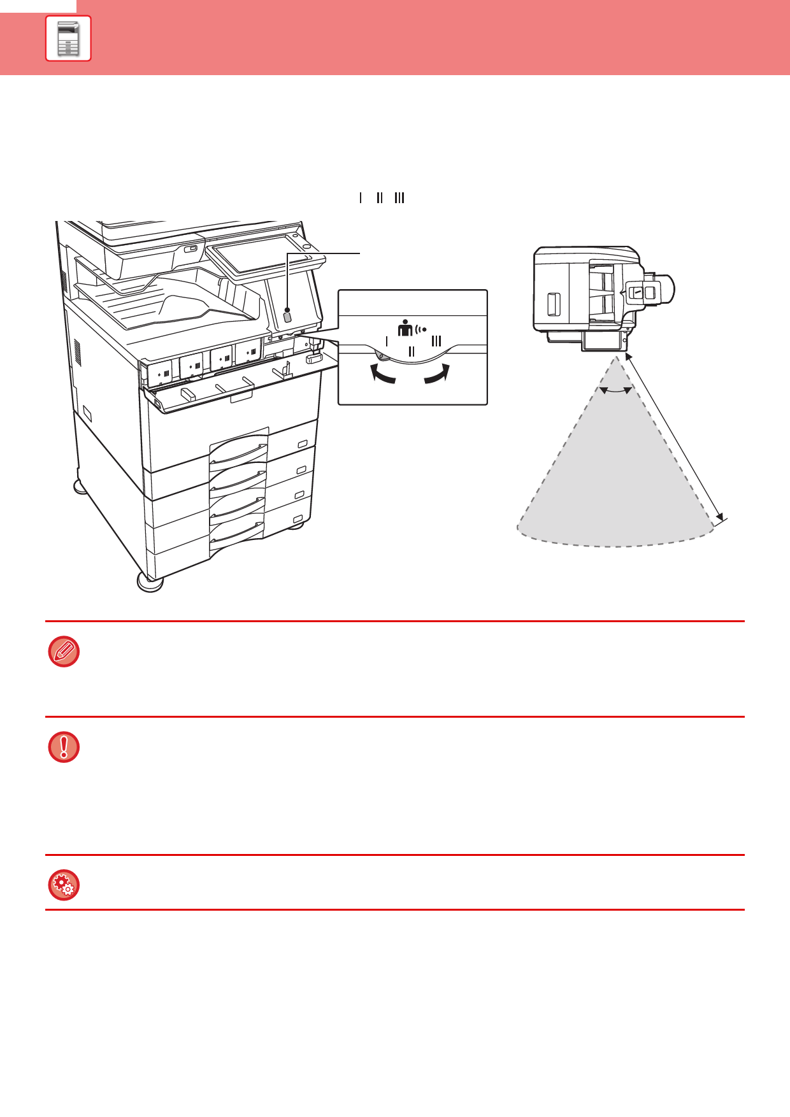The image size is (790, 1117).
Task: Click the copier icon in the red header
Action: click(x=68, y=38)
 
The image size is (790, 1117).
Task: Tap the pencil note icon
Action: click(x=64, y=651)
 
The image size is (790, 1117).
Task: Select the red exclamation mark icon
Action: click(x=64, y=747)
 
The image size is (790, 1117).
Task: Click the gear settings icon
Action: click(x=64, y=885)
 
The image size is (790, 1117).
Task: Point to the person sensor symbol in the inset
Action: click(x=411, y=328)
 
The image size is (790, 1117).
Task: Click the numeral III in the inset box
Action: click(x=436, y=341)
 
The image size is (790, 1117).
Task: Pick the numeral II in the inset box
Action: click(x=412, y=352)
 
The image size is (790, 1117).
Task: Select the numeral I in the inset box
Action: click(x=387, y=341)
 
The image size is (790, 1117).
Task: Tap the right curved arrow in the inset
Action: click(x=438, y=374)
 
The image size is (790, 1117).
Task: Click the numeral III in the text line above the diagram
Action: click(x=399, y=198)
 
